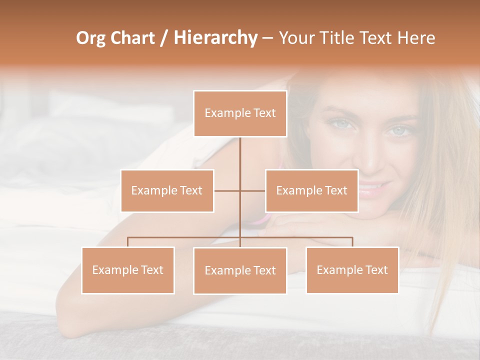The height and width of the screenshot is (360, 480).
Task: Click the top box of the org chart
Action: (240, 113)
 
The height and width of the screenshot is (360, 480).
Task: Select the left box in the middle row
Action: (167, 190)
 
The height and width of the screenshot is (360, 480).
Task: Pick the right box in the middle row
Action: (311, 190)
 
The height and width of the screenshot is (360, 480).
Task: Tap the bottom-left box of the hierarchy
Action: (127, 270)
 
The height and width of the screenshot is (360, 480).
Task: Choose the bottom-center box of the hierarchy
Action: (240, 270)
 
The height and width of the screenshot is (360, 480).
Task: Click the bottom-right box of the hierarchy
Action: (352, 270)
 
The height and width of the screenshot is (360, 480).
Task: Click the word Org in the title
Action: (90, 38)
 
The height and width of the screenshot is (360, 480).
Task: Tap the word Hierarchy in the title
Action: (215, 38)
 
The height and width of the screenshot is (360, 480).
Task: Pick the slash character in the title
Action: (164, 38)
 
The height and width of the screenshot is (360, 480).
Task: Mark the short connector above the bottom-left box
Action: (127, 242)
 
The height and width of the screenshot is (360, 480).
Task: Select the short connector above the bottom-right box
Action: (352, 242)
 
